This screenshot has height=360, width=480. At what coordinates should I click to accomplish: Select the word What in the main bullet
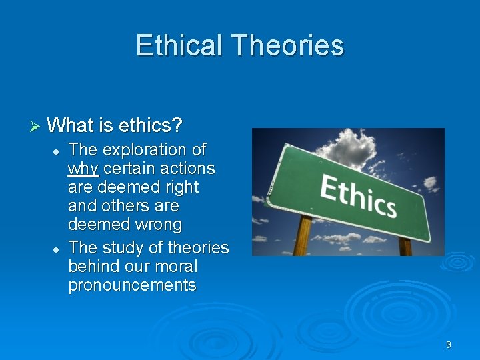[x=70, y=125]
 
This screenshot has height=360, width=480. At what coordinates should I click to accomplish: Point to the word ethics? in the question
[x=150, y=125]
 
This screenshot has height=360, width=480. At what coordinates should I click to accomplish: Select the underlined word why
[x=83, y=169]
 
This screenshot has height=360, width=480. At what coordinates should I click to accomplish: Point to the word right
[x=180, y=187]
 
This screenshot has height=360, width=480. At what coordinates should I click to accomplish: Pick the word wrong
[x=157, y=225]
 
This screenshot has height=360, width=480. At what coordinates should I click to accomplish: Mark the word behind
[x=93, y=266]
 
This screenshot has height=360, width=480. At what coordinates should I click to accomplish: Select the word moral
[x=174, y=266]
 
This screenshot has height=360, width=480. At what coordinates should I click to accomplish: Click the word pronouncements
[x=132, y=285]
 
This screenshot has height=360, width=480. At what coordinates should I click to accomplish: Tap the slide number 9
[x=448, y=345]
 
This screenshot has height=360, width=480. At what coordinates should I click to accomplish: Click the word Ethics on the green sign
[x=358, y=194]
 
